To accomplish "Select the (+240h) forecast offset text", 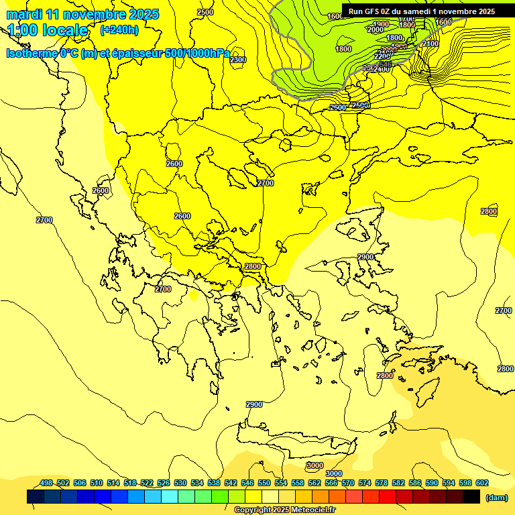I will tap(119, 30).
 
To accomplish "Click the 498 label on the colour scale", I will tap(46, 483).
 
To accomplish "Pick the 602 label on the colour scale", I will tap(481, 483).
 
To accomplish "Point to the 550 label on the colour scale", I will tap(264, 483).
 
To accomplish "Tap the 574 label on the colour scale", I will tap(365, 483).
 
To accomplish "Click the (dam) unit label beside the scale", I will tap(497, 498).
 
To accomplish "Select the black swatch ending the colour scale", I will tap(471, 497).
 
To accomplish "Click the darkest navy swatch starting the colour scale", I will tap(36, 497).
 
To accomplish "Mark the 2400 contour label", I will tap(382, 69).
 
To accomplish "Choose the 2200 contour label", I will tap(382, 56).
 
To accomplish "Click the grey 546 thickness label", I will tap(386, 64).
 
